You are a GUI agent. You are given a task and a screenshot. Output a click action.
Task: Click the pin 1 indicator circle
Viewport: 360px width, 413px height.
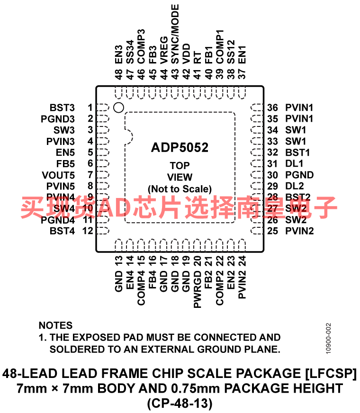coord(118,108)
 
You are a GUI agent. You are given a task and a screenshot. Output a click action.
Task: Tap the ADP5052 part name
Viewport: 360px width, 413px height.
coord(180,147)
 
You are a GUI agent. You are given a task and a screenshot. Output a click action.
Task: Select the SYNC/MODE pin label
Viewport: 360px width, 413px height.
coord(175,34)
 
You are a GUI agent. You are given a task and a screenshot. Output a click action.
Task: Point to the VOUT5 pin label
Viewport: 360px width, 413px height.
coord(58,175)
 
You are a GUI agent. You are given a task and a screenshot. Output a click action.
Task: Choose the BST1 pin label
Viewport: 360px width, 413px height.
coord(297,153)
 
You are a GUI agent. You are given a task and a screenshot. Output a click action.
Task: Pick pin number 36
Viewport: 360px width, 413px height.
coord(272,108)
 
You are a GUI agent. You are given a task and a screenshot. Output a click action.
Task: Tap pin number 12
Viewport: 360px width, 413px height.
coord(88,231)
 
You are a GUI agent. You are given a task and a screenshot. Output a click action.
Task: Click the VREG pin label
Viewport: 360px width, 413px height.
coord(164,50)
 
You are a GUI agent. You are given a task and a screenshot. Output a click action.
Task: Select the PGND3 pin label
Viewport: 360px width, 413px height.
coord(58,119)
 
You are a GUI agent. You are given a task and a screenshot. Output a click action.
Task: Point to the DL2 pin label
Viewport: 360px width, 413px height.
coord(295,186)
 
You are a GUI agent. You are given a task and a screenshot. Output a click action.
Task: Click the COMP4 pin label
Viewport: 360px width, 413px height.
coord(141,288)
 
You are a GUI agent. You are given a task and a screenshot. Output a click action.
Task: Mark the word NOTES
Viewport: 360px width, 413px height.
coord(55,325)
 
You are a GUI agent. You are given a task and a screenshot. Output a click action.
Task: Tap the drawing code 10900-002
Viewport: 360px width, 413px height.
coord(328,339)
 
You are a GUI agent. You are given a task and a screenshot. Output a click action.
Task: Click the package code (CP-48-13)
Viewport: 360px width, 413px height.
coord(180,403)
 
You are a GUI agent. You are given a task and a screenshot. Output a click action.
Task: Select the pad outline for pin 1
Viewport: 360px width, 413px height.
coord(103,108)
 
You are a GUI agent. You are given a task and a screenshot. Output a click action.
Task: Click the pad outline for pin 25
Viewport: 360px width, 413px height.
coord(257,231)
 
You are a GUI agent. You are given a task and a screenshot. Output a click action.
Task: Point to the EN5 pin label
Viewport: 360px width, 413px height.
coord(65,153)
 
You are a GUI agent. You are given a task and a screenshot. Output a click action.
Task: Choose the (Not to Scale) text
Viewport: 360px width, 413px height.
coord(180,189)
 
